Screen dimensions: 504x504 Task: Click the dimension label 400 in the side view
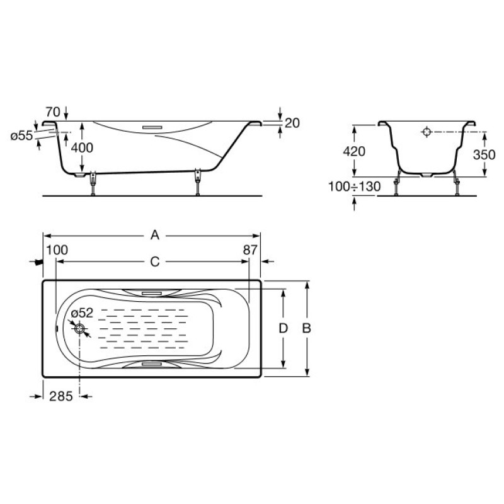[82, 147]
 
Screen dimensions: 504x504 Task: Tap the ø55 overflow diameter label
[21, 135]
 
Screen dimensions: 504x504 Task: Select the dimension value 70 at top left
[53, 112]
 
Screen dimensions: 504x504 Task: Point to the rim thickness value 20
[292, 123]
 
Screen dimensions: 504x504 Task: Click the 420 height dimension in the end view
[354, 151]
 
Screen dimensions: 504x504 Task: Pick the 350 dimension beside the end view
[484, 154]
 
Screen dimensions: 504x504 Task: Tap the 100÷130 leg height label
[354, 186]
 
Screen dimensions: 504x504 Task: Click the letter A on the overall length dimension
[155, 235]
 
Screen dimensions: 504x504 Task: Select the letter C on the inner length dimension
[155, 262]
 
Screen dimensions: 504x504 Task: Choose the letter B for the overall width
[307, 328]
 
